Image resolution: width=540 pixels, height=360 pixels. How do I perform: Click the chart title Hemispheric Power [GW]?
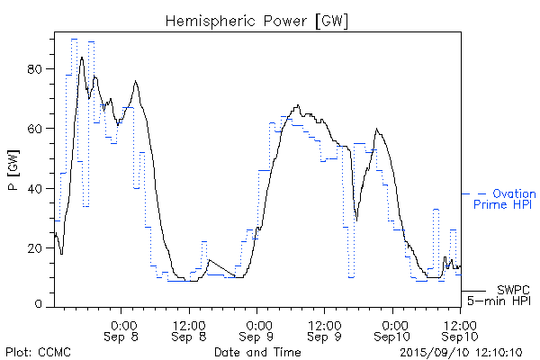[x=257, y=19]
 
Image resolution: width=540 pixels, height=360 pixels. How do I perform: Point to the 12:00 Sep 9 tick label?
[x=325, y=329]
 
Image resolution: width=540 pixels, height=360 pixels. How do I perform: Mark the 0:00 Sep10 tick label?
[x=392, y=329]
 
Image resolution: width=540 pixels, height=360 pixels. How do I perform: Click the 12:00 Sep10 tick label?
[x=460, y=329]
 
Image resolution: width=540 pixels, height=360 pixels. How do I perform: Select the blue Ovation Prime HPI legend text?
[x=504, y=200]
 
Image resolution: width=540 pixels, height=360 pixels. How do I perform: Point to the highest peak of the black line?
[x=82, y=57]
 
